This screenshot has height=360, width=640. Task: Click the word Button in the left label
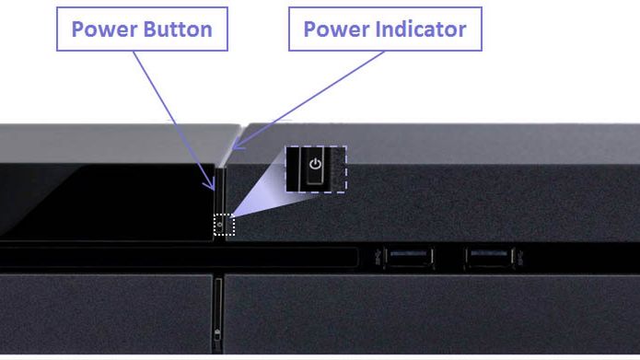tap(178, 29)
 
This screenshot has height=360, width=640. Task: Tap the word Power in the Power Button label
tap(105, 29)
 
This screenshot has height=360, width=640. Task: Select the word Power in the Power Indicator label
tap(337, 29)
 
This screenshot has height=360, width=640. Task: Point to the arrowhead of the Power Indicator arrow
tap(238, 145)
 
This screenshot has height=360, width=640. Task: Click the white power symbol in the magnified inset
tap(315, 164)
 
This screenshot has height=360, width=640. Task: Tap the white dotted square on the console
tap(224, 225)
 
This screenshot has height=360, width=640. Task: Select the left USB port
tap(409, 258)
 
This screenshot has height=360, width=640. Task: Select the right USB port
tap(489, 258)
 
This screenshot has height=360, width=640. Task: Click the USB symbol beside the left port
tap(378, 256)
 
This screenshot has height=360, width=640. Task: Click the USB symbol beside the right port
tap(520, 256)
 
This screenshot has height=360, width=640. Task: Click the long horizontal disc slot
tap(179, 258)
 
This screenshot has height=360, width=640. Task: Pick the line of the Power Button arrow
tap(173, 121)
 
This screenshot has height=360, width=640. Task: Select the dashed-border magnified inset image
tap(316, 169)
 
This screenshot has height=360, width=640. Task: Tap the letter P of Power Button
tap(77, 29)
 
